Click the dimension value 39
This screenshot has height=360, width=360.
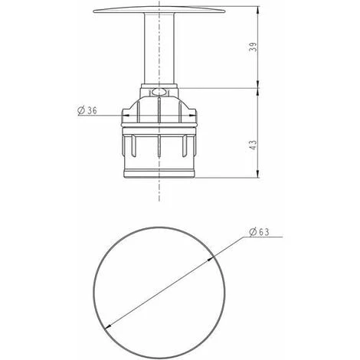(254, 47)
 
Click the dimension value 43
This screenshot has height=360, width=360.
(253, 145)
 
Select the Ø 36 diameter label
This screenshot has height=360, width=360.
(87, 110)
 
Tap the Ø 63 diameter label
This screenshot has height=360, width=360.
(259, 232)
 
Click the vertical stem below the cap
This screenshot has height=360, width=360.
(159, 48)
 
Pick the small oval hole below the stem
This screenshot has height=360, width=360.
(159, 92)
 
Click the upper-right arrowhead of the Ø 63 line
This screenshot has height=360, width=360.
(211, 259)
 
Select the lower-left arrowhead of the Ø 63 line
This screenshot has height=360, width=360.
(108, 326)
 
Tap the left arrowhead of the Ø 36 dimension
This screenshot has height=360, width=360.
(126, 116)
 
